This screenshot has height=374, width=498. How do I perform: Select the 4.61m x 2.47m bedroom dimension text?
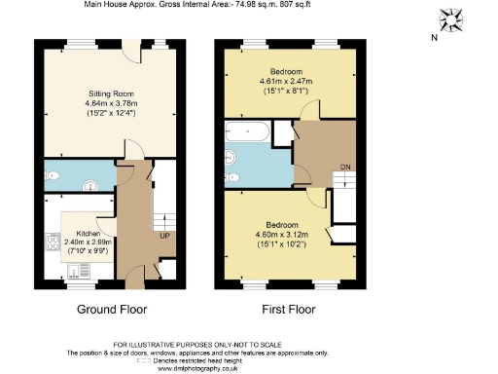(x=286, y=83)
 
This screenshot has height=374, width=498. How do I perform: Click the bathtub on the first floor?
(x=250, y=132)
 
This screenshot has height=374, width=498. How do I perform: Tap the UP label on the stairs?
(x=165, y=235)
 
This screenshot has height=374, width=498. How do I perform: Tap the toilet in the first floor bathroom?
(x=232, y=176)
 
